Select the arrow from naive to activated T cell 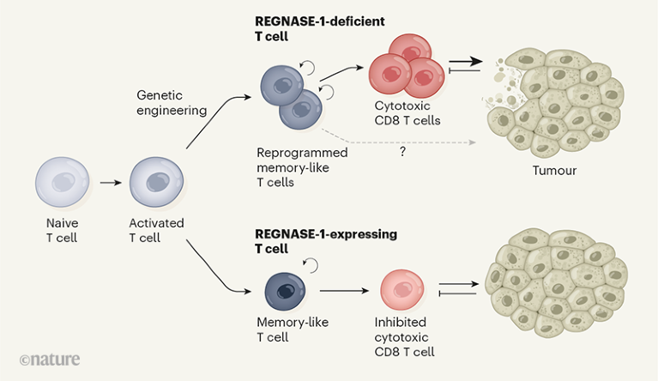[107, 183]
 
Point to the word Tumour [554, 171]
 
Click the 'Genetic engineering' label [172, 102]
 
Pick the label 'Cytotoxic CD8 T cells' [407, 112]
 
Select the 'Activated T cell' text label [155, 230]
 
